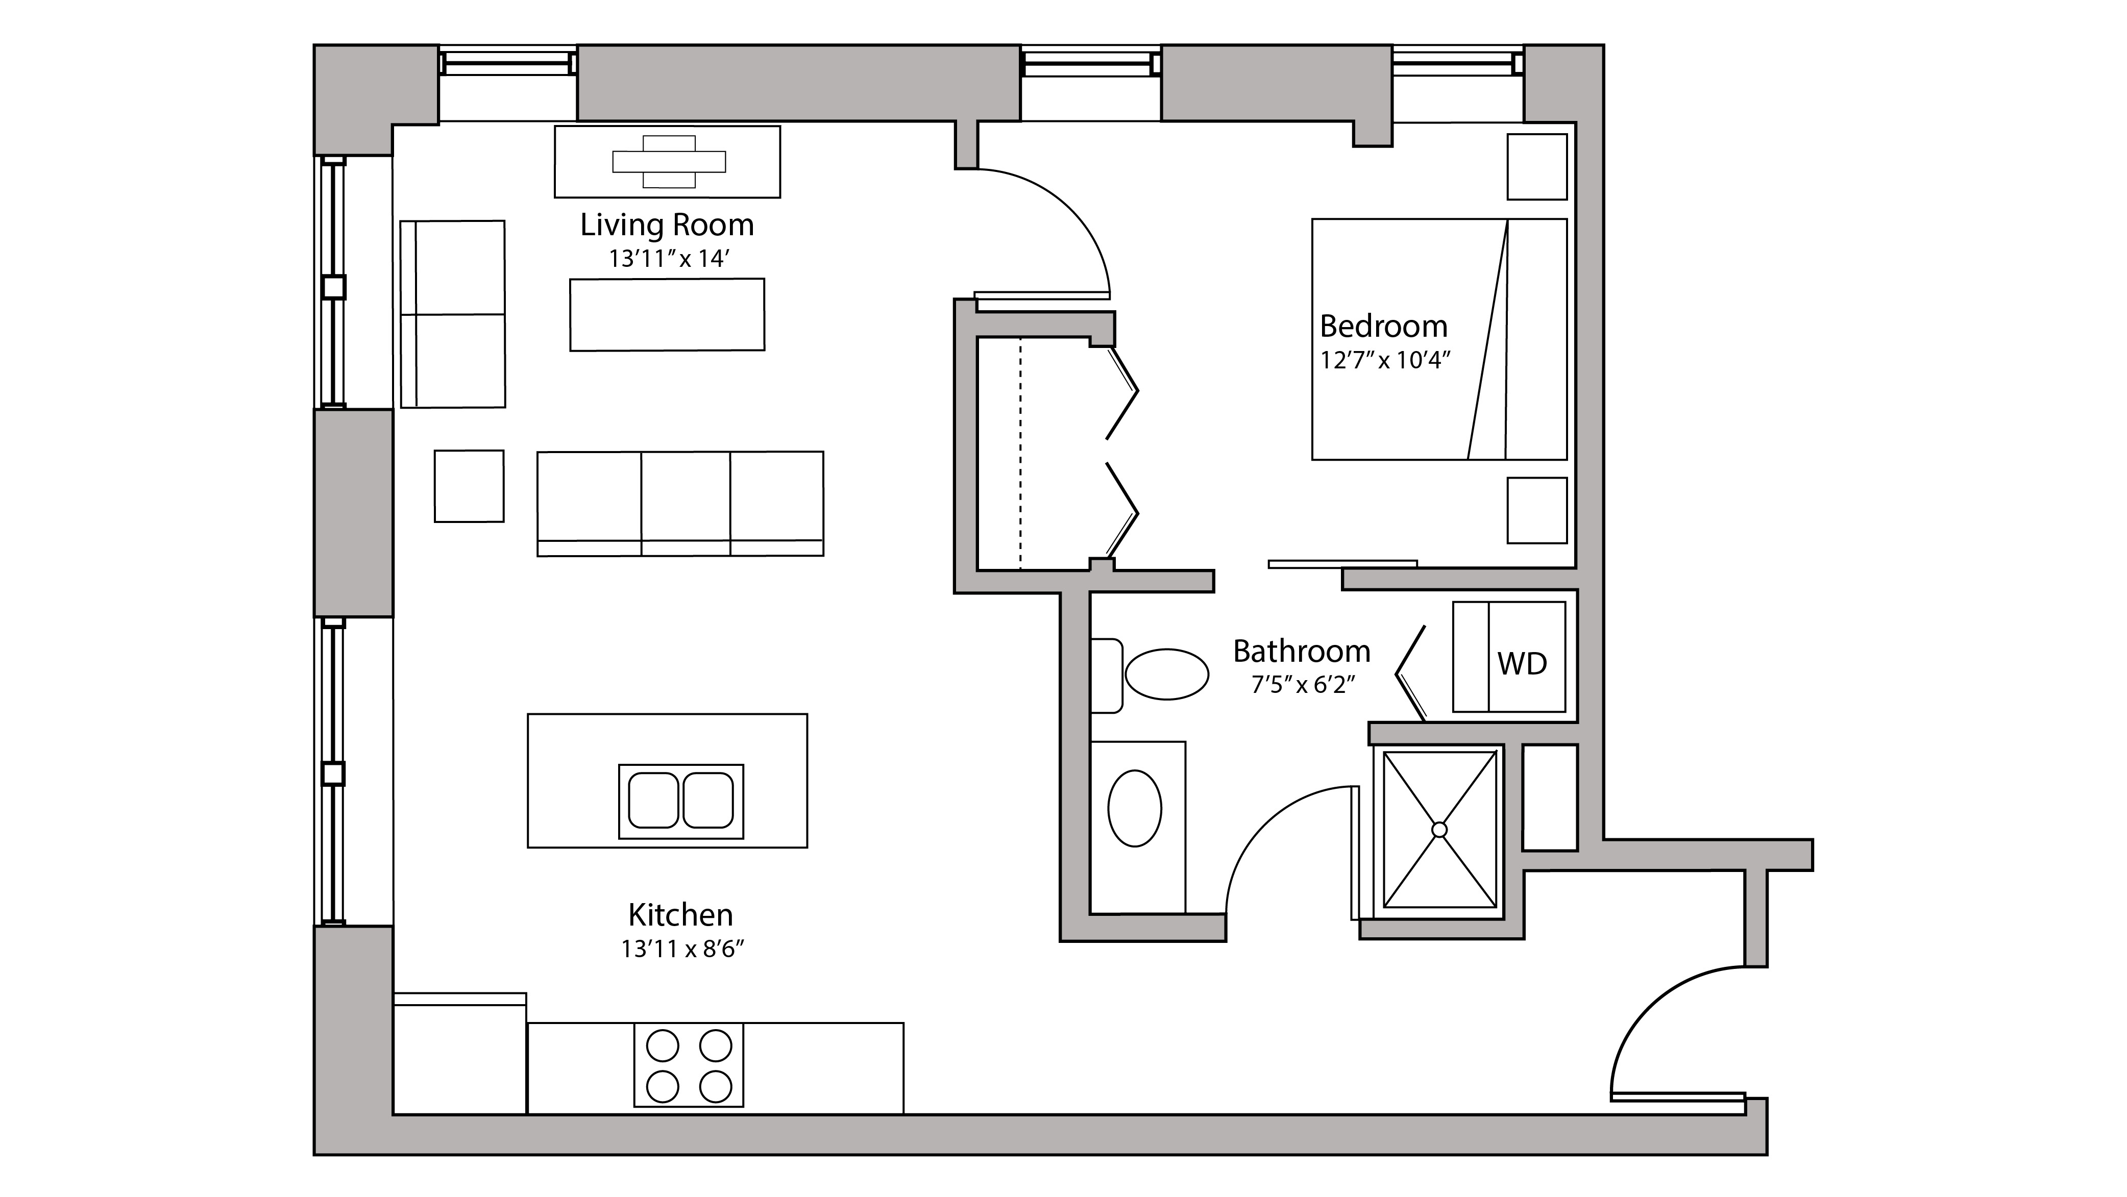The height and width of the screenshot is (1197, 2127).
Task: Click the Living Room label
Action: click(x=666, y=225)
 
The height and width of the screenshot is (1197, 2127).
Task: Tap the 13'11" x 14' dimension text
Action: click(x=666, y=259)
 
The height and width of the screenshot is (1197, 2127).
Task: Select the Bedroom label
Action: click(x=1383, y=326)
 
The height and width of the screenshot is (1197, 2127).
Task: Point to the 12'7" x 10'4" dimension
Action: click(x=1385, y=361)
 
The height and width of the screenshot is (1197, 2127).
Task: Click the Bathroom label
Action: click(x=1301, y=652)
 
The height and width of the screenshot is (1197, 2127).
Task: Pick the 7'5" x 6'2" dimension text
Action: click(x=1303, y=685)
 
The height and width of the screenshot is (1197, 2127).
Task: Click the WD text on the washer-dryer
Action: click(x=1522, y=664)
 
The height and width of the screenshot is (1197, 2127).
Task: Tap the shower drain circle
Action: click(x=1439, y=830)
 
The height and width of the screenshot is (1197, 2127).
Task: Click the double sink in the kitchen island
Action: click(x=680, y=801)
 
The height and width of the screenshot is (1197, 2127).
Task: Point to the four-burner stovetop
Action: click(x=689, y=1065)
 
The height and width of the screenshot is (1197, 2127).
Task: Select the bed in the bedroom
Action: click(x=1438, y=338)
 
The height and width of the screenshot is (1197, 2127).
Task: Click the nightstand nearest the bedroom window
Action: click(x=1536, y=167)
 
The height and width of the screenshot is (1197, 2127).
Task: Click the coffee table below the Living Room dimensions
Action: click(x=666, y=314)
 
